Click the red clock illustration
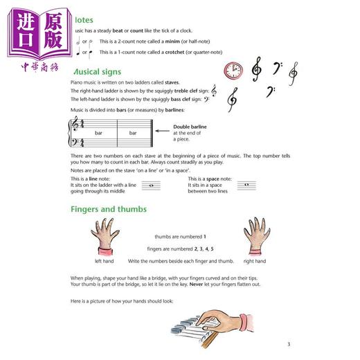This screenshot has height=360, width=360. [233, 70]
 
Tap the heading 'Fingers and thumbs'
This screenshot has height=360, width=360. [108, 209]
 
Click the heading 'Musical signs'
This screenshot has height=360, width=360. [98, 72]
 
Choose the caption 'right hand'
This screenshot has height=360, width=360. [254, 261]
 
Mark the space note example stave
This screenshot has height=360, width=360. [242, 185]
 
